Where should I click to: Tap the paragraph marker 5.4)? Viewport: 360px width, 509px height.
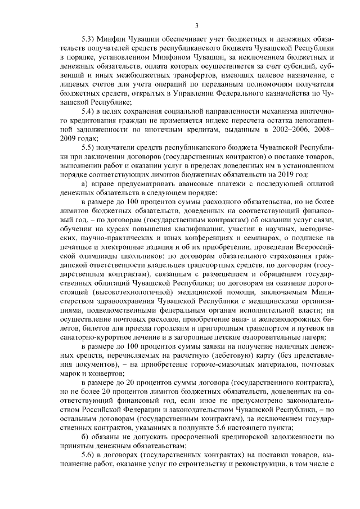[88, 111]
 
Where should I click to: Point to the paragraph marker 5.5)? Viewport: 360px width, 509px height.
[88, 147]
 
